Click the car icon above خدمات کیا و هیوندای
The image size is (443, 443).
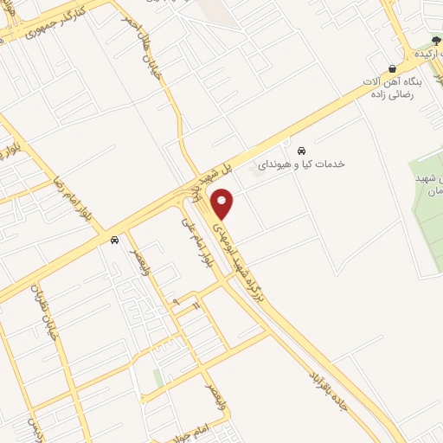coord(301,148)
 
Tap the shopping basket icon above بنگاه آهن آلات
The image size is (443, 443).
coord(392,68)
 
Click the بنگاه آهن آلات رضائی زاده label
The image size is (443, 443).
coord(400,88)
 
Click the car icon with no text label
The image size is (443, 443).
coord(114,241)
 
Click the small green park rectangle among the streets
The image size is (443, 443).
coord(157,377)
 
